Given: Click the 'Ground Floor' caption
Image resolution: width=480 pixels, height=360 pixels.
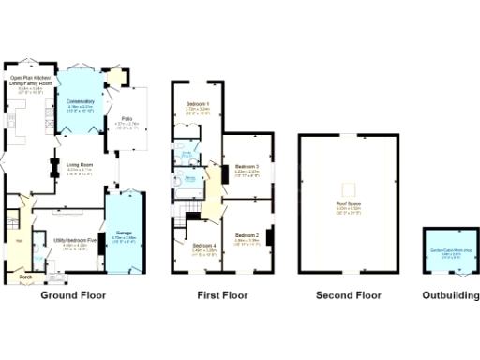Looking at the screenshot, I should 73,295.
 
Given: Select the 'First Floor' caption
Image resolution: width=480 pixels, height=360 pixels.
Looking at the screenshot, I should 222,295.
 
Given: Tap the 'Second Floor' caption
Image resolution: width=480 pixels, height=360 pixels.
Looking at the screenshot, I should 348,295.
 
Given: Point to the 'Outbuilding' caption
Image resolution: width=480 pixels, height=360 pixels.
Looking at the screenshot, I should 446,295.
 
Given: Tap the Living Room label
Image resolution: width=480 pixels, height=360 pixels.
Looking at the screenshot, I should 79,166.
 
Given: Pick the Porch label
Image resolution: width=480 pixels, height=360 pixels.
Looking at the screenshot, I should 25,277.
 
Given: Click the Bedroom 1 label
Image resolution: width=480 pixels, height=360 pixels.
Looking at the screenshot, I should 197,102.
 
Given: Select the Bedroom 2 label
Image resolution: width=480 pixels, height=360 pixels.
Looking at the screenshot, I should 247,235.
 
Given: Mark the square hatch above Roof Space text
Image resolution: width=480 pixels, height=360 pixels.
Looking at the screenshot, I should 348,186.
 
